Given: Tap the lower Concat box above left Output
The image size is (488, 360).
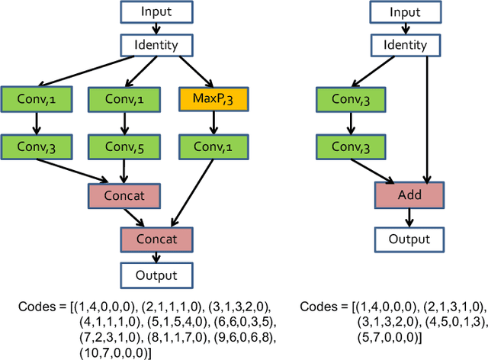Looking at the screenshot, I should point(156,239).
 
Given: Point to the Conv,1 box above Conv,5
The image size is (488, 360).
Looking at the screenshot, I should point(123,98).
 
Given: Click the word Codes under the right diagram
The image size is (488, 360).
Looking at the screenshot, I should point(321,306).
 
